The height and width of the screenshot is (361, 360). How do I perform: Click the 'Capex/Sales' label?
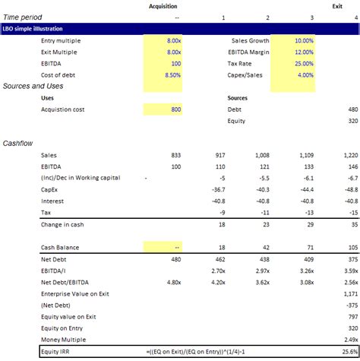tap(247, 75)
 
